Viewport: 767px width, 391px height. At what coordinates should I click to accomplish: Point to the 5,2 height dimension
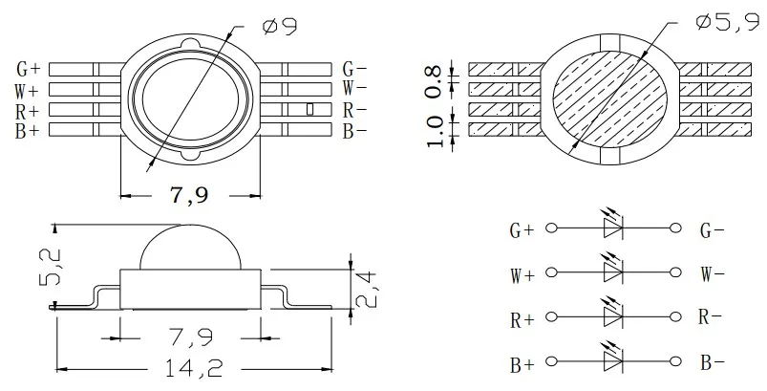(x=51, y=268)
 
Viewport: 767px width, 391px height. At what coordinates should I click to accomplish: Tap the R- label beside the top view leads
(x=354, y=110)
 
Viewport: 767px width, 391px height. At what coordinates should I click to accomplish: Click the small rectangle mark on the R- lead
(x=309, y=109)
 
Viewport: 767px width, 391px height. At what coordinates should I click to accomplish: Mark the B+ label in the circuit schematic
(x=522, y=363)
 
